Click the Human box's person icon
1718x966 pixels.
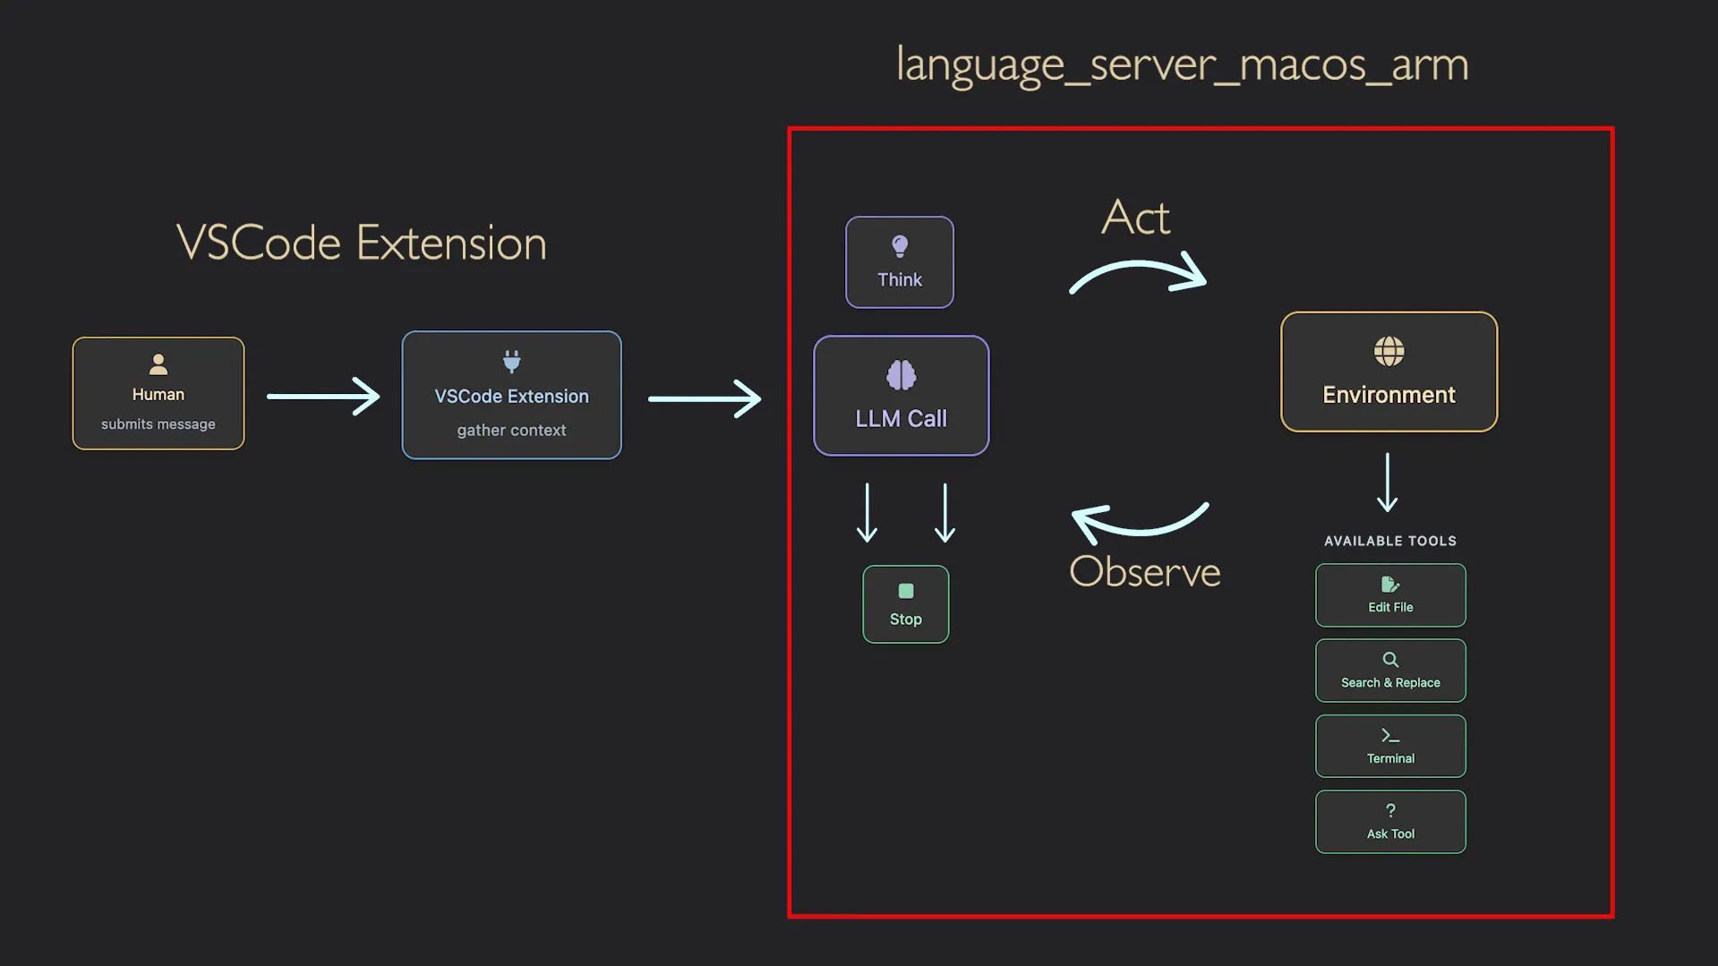click(158, 364)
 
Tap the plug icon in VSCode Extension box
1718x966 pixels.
click(511, 362)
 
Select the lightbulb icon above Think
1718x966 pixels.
click(900, 246)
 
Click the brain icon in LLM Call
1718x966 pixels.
click(901, 375)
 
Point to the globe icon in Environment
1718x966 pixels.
click(1389, 352)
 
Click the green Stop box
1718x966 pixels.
click(905, 604)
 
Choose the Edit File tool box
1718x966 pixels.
click(1389, 595)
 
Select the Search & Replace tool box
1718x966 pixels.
click(1389, 671)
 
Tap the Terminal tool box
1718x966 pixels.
click(1389, 746)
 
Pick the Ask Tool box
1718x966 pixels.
click(1389, 822)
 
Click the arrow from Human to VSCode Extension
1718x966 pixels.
click(323, 396)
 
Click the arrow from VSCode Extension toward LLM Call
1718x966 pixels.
click(705, 398)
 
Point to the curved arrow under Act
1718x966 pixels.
click(1138, 273)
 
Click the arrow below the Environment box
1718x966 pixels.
click(1387, 483)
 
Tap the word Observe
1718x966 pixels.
click(1144, 572)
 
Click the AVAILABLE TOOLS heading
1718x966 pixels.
click(1389, 541)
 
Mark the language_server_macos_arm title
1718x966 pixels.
click(1182, 64)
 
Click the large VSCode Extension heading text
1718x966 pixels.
click(361, 243)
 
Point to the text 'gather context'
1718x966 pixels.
click(511, 431)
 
